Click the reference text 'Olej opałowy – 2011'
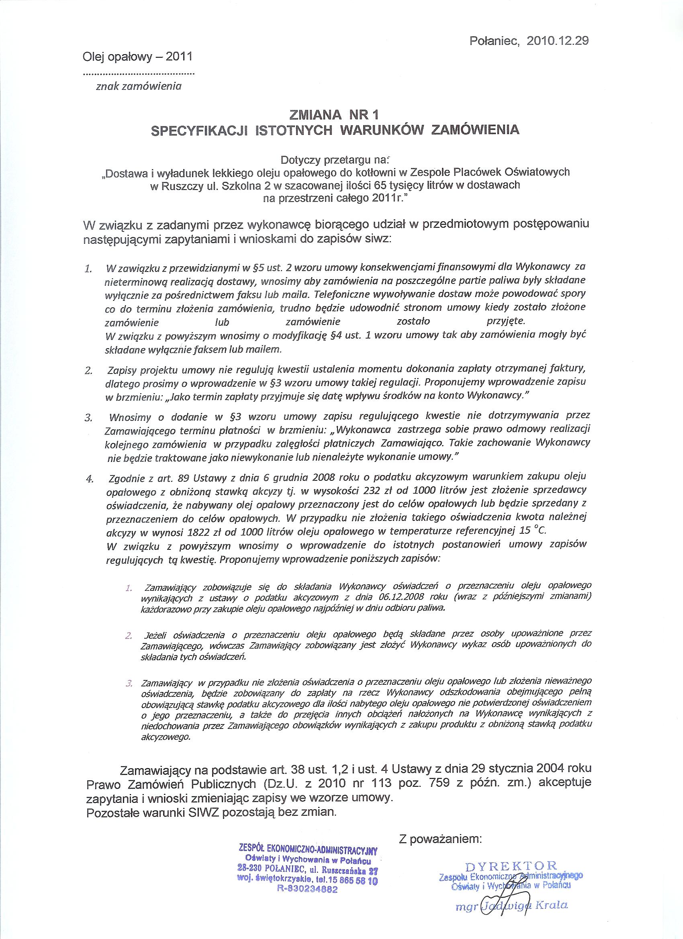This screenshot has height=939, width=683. point(137,57)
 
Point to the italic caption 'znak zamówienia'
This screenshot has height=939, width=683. point(139,86)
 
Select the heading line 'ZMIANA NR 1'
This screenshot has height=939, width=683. point(335,113)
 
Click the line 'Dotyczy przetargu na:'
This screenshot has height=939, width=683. point(335,159)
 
